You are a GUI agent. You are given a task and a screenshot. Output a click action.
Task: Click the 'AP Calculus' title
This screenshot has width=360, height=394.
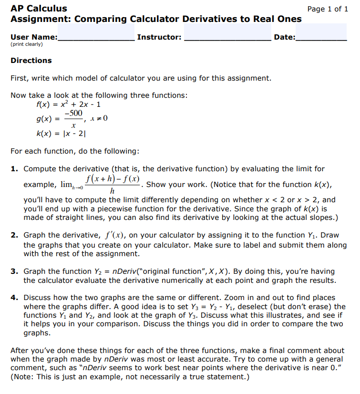pyautogui.click(x=39, y=8)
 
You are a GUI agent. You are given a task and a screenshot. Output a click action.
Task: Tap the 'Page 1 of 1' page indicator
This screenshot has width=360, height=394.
pyautogui.click(x=328, y=9)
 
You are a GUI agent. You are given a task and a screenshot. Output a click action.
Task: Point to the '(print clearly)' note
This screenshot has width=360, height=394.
pyautogui.click(x=27, y=44)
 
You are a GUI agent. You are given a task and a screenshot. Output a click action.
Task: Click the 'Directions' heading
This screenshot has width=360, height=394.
pyautogui.click(x=31, y=61)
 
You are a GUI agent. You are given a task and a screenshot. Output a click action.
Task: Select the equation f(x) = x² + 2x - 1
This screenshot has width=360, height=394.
pyautogui.click(x=68, y=104)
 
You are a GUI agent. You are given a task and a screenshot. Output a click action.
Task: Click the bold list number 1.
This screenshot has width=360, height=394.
pyautogui.click(x=14, y=169)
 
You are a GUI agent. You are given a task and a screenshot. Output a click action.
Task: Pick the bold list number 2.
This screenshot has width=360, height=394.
pyautogui.click(x=14, y=235)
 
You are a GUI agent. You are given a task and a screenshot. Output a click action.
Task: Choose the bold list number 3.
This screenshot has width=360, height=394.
pyautogui.click(x=14, y=271)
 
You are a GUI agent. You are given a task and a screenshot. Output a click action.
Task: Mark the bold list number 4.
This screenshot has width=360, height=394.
pyautogui.click(x=14, y=298)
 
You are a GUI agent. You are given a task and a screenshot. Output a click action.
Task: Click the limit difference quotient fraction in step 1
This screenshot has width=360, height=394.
pyautogui.click(x=113, y=185)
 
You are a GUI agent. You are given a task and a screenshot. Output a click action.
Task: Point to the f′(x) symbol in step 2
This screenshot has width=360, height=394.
pyautogui.click(x=114, y=235)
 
